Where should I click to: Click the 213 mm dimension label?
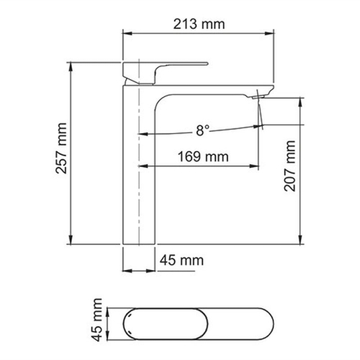pyautogui.click(x=199, y=24)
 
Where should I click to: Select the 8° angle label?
pyautogui.click(x=202, y=130)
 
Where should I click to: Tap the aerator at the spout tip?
pyautogui.click(x=261, y=95)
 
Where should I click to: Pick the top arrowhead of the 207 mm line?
pyautogui.click(x=300, y=103)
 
